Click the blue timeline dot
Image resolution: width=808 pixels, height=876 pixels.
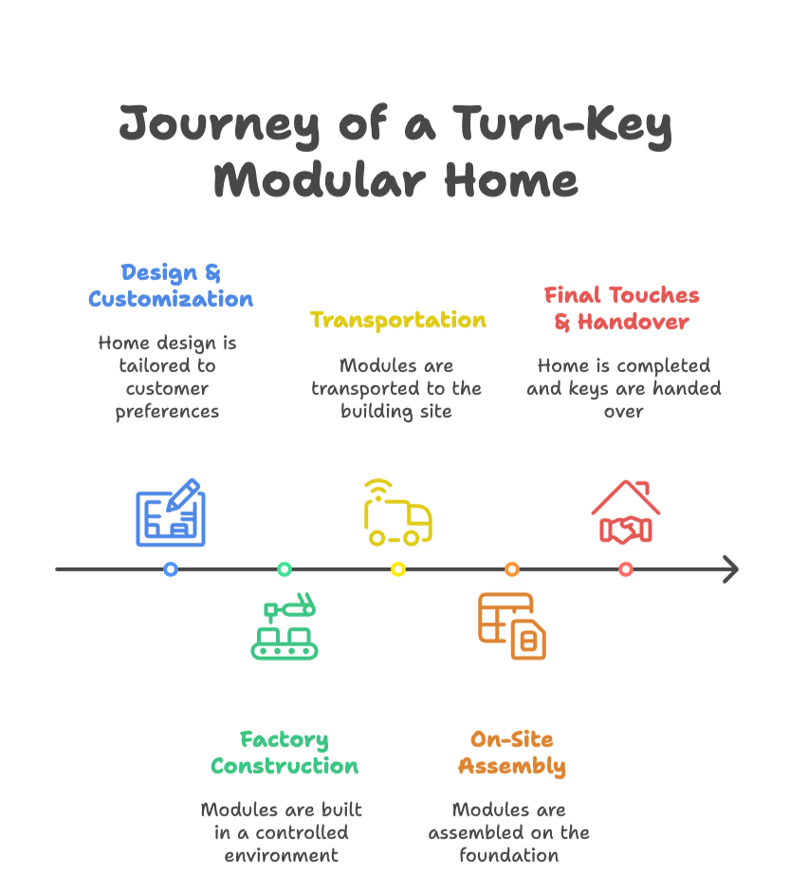click(x=171, y=569)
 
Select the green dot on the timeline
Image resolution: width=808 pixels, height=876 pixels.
click(x=285, y=569)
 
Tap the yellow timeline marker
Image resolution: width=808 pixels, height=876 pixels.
click(x=398, y=569)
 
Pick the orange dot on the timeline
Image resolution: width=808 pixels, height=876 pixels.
click(x=512, y=569)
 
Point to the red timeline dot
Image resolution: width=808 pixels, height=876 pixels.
click(x=626, y=569)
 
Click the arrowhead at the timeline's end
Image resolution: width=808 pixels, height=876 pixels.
click(x=730, y=569)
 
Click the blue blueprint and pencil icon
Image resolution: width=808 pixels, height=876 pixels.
click(x=171, y=513)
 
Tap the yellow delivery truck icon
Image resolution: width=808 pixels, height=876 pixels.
click(x=397, y=513)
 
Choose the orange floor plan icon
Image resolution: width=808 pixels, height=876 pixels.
click(x=512, y=626)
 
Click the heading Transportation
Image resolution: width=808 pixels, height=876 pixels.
click(x=398, y=320)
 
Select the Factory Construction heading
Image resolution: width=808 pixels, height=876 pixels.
click(x=285, y=753)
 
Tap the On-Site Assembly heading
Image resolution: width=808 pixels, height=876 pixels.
click(x=512, y=753)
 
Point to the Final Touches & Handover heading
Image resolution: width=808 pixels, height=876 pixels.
click(x=622, y=308)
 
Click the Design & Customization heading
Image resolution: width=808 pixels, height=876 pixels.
click(x=171, y=286)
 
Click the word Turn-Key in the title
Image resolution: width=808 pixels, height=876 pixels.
click(x=561, y=125)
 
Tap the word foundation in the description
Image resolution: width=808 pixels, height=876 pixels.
click(x=509, y=855)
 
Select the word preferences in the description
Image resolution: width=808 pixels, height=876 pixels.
click(x=167, y=411)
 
